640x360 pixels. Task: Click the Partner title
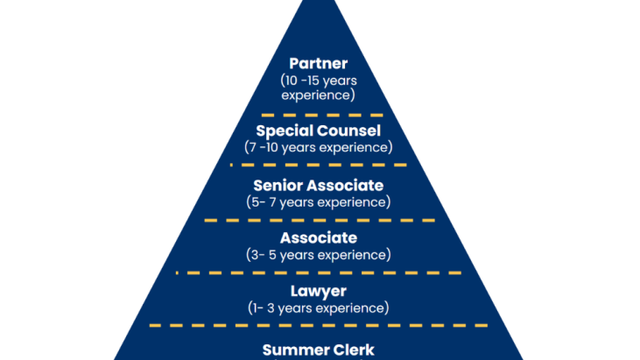(x=319, y=64)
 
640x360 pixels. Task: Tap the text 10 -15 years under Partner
(x=319, y=80)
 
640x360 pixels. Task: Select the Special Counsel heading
(x=319, y=131)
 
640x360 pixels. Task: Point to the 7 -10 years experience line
(x=319, y=147)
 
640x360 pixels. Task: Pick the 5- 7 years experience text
(x=319, y=201)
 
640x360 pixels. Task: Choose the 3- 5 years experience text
(x=319, y=255)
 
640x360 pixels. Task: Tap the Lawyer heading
(x=319, y=291)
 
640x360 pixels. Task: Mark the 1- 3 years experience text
(x=319, y=307)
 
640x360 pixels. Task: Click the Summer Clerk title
(x=319, y=349)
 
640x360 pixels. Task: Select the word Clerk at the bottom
(x=350, y=349)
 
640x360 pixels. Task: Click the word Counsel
(x=350, y=131)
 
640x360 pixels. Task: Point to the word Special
(x=285, y=131)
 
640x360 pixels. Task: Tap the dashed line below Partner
(x=319, y=115)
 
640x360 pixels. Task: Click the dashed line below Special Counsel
(x=319, y=165)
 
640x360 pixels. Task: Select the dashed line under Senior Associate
(x=319, y=220)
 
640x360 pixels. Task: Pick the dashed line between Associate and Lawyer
(x=319, y=272)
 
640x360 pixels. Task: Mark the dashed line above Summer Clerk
(x=319, y=325)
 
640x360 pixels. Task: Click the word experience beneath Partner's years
(x=319, y=93)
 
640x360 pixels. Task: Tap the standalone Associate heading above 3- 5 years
(x=319, y=238)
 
